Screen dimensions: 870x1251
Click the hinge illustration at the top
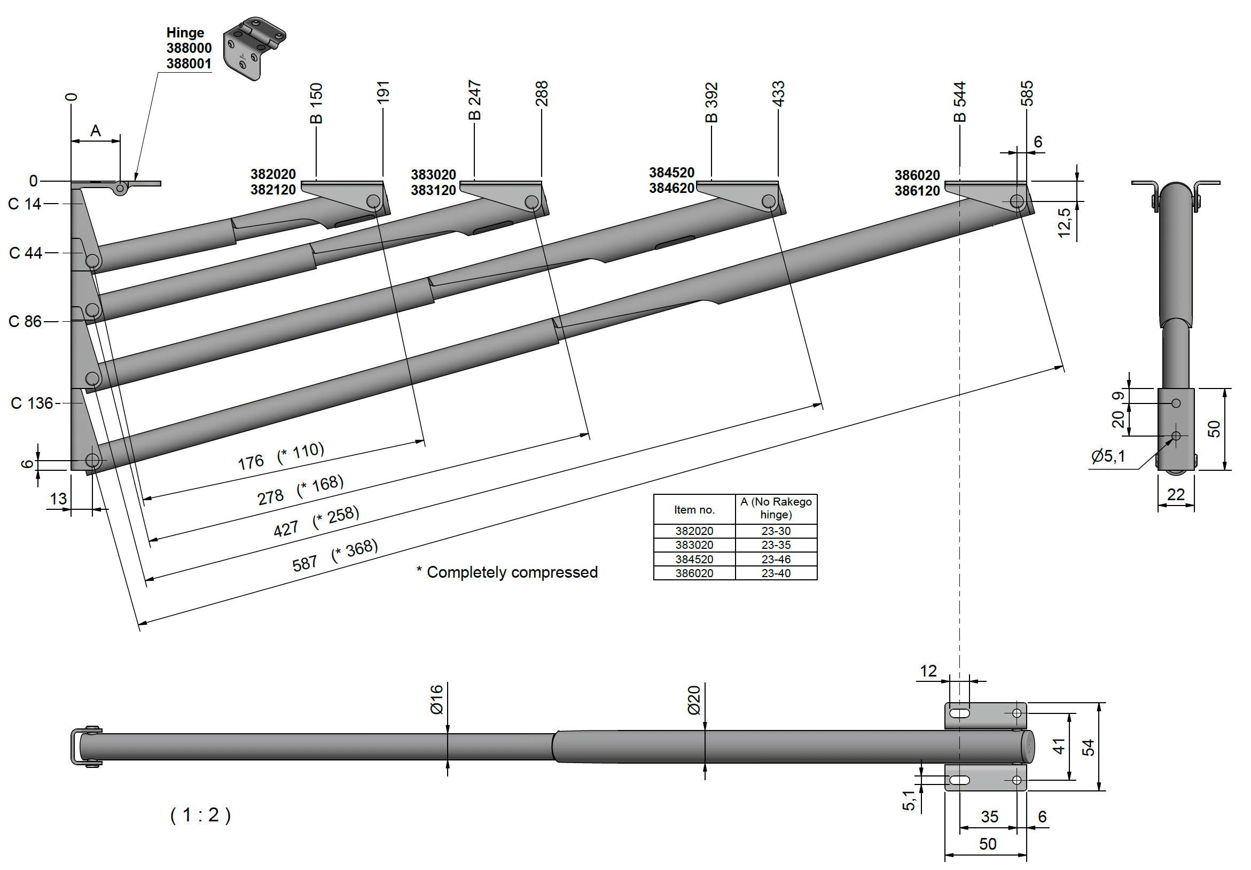[x=254, y=48]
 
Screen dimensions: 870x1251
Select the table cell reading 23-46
[x=776, y=560]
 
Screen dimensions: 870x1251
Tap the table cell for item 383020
[x=694, y=545]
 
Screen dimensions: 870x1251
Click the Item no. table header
[x=694, y=510]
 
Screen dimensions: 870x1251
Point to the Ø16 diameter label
[x=437, y=700]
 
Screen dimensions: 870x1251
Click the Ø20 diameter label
[x=694, y=701]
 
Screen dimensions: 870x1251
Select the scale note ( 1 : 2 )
[x=200, y=815]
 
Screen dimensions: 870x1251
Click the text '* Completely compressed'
[x=507, y=572]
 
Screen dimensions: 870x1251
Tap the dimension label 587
[x=304, y=563]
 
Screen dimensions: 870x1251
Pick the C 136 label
[x=32, y=403]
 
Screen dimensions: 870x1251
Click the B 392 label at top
[x=711, y=103]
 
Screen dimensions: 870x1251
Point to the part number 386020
[x=917, y=175]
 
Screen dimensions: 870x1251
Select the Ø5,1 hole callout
[x=1108, y=456]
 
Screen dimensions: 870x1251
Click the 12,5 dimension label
[x=1064, y=222]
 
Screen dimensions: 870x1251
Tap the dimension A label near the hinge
[x=96, y=131]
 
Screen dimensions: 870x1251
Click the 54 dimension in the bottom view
[x=1088, y=747]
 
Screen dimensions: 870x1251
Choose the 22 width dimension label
[x=1176, y=494]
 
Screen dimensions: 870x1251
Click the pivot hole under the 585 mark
[x=1017, y=201]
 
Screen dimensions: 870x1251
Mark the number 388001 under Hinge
[x=189, y=64]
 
